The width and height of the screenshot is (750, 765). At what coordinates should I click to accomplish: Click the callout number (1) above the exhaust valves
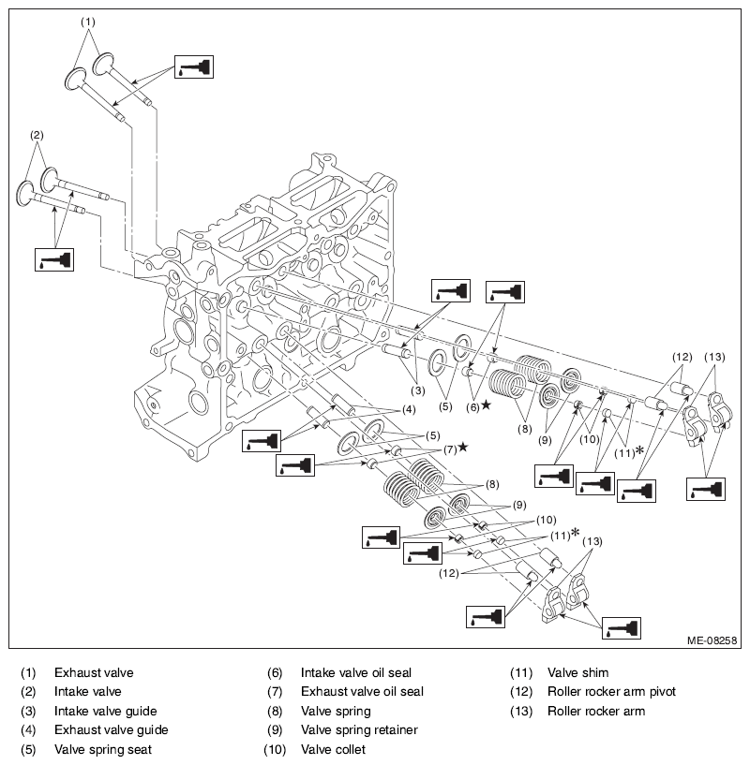point(88,22)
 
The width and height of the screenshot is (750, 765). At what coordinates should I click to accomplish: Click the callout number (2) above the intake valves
point(37,135)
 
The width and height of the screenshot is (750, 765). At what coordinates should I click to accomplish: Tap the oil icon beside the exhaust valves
point(194,66)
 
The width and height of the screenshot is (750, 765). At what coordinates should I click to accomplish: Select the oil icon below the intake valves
point(54,259)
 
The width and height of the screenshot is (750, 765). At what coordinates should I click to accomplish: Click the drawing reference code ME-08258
point(712,640)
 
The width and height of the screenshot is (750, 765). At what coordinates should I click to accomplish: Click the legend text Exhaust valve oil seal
point(362,691)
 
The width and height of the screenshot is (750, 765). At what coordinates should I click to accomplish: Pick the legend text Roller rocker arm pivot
point(611,691)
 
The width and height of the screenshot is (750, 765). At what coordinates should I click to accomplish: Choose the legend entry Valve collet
point(333,749)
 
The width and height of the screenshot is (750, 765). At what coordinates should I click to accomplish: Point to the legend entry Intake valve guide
point(106,711)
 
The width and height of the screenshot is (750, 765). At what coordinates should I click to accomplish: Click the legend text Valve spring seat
point(103,749)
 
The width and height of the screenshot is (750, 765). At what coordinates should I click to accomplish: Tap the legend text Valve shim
point(578,673)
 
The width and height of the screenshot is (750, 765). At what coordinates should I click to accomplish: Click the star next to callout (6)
point(487,405)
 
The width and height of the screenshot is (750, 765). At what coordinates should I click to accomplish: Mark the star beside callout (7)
point(463,447)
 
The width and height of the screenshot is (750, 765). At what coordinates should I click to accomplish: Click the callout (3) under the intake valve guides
point(418,390)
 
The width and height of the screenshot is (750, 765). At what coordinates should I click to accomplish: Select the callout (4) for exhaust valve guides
point(409,410)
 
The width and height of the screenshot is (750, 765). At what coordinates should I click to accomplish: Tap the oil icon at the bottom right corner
point(621,628)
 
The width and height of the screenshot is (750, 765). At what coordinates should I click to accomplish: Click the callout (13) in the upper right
point(714,357)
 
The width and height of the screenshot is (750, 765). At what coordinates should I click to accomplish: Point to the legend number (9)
point(275,729)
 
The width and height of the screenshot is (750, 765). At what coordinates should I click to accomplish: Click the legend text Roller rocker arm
point(596,711)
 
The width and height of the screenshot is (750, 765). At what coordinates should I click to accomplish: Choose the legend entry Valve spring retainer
point(359,729)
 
